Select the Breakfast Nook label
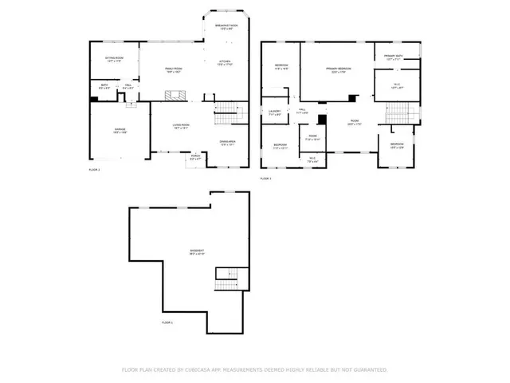227,27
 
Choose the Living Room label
181,126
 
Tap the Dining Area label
228,144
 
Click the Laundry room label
274,113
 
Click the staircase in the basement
226,281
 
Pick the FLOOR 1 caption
167,322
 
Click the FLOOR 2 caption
94,170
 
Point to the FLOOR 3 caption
266,179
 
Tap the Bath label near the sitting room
104,86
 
